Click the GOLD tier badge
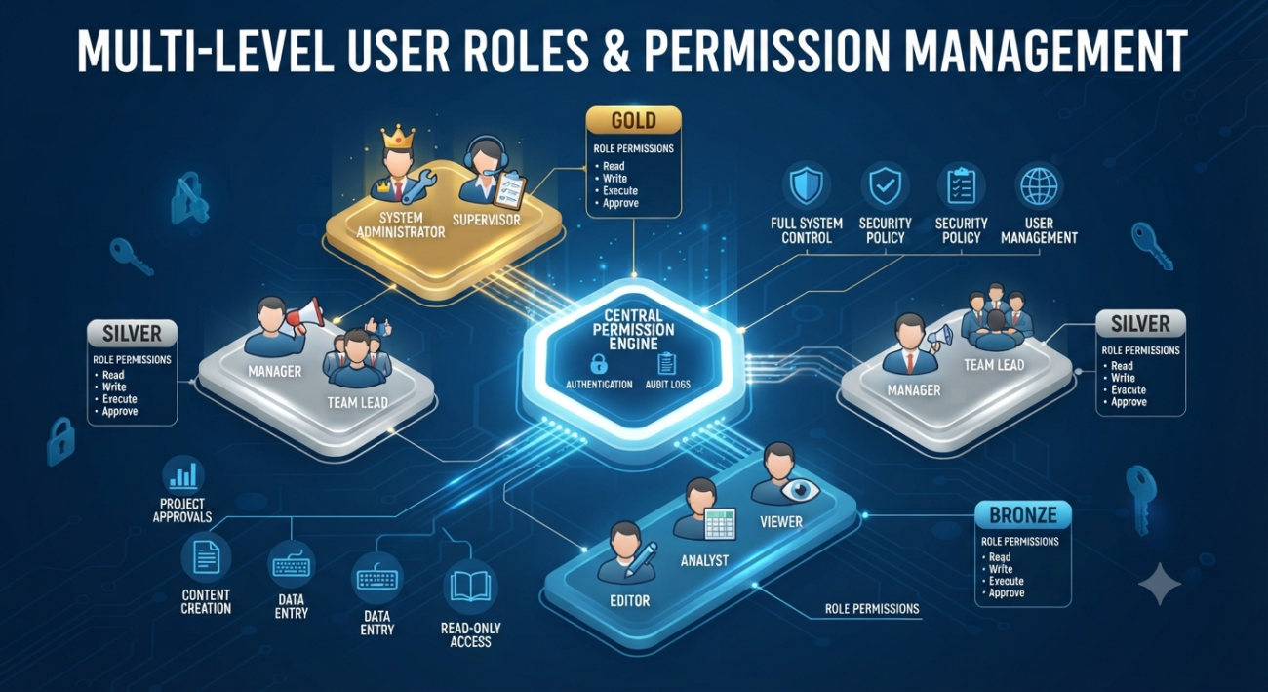633,121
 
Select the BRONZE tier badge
1023,514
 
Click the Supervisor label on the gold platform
487,220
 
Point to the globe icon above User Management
1039,186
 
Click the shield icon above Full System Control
806,185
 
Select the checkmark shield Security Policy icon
885,185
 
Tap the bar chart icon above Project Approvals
182,476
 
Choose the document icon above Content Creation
206,556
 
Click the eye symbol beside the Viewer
799,490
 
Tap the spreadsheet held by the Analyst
720,523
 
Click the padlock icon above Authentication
598,363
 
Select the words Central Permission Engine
633,330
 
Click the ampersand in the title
614,51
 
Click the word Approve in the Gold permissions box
620,203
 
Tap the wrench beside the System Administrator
418,185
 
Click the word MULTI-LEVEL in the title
206,51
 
